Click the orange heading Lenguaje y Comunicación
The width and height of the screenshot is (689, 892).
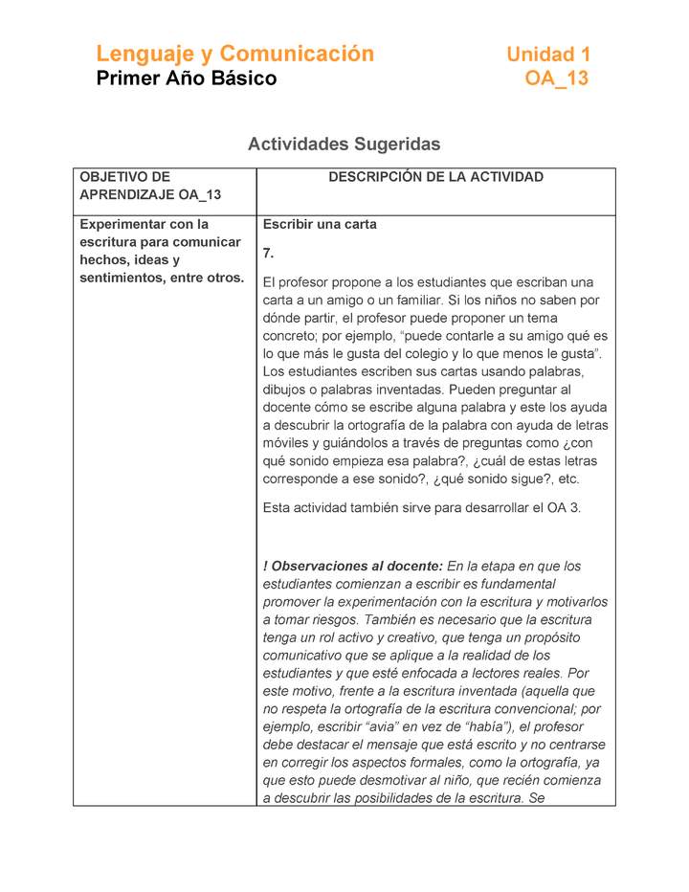click(x=234, y=54)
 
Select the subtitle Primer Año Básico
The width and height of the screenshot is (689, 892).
click(x=187, y=78)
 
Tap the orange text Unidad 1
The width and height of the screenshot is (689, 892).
click(x=547, y=55)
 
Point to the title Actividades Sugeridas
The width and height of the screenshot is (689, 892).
click(x=344, y=145)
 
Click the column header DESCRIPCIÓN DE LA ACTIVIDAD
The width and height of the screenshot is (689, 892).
click(x=435, y=177)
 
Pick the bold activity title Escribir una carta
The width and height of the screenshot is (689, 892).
click(x=320, y=225)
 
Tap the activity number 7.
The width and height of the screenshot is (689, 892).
click(x=268, y=254)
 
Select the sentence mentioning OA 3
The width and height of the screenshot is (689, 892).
click(x=422, y=508)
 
